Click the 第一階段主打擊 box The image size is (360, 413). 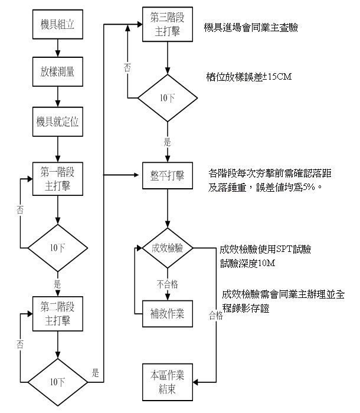pos(57,178)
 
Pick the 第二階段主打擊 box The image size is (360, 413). pos(57,313)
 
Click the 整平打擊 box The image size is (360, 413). pos(167,175)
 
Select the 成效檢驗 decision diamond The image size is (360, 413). pos(167,248)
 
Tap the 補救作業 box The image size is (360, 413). pos(167,313)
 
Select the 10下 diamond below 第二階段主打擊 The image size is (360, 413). pos(57,381)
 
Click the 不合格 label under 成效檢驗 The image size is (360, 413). pos(167,284)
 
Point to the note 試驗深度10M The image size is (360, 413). pos(248,263)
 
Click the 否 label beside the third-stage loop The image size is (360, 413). pos(127,67)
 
